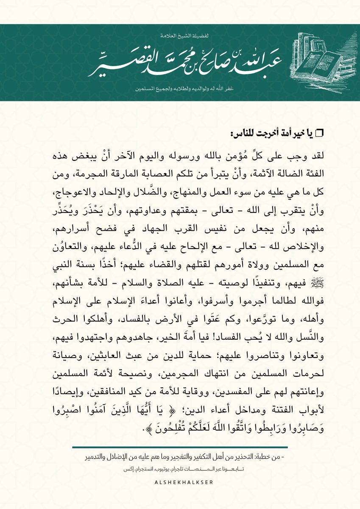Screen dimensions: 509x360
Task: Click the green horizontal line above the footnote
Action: click(x=180, y=447)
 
